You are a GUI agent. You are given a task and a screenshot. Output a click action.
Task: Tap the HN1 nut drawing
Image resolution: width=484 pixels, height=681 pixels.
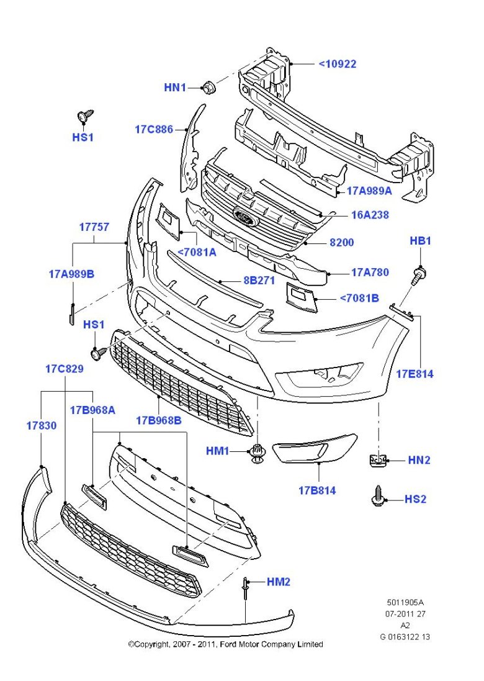tap(209, 87)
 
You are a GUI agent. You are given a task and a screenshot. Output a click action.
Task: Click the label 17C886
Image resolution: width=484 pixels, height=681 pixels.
tap(154, 130)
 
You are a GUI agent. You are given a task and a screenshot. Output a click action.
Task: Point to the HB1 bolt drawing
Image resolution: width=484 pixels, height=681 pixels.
tap(418, 274)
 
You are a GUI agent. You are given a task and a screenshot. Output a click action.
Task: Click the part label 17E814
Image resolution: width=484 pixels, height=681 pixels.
tap(415, 374)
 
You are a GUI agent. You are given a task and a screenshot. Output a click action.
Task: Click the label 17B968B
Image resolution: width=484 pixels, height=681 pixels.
tap(159, 420)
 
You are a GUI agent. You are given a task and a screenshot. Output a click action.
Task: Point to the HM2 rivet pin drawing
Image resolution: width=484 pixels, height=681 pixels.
tap(246, 586)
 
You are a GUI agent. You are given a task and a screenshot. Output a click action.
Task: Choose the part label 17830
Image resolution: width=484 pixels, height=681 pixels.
tap(41, 426)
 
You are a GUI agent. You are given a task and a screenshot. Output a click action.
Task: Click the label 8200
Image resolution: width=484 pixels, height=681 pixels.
tap(341, 242)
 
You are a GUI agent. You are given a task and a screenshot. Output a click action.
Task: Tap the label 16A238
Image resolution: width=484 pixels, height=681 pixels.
tap(371, 215)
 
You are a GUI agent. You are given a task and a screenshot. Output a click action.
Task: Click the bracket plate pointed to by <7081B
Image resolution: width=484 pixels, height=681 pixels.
tap(302, 296)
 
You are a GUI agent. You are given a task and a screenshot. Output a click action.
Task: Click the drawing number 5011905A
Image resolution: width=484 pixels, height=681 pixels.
tap(405, 602)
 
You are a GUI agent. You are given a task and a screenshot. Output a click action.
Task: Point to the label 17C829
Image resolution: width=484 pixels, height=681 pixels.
tap(64, 369)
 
